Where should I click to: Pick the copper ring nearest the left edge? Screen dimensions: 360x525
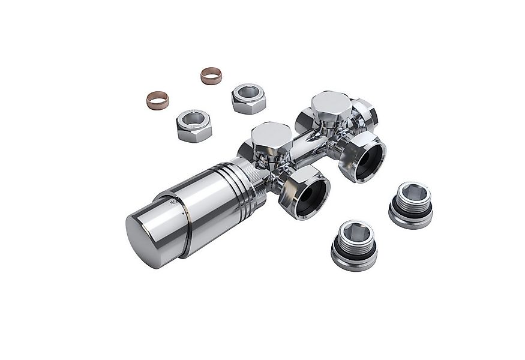158,100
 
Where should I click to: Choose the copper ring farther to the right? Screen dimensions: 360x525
211,76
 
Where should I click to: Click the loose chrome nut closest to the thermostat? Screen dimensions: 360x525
194,125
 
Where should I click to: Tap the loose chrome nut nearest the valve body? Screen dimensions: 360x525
248,99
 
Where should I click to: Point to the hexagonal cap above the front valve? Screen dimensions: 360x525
271,137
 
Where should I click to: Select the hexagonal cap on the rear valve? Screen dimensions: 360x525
331,106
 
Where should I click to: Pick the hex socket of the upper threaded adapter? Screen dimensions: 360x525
412,193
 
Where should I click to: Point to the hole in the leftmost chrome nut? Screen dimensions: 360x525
193,118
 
